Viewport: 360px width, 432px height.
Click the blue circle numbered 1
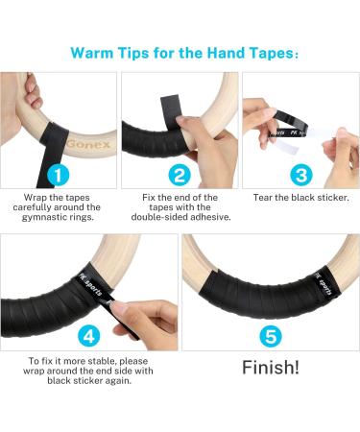click(x=60, y=176)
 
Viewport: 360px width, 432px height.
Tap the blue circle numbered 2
click(x=179, y=176)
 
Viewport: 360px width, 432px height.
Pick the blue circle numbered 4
click(x=88, y=335)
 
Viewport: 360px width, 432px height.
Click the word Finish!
click(x=270, y=368)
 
